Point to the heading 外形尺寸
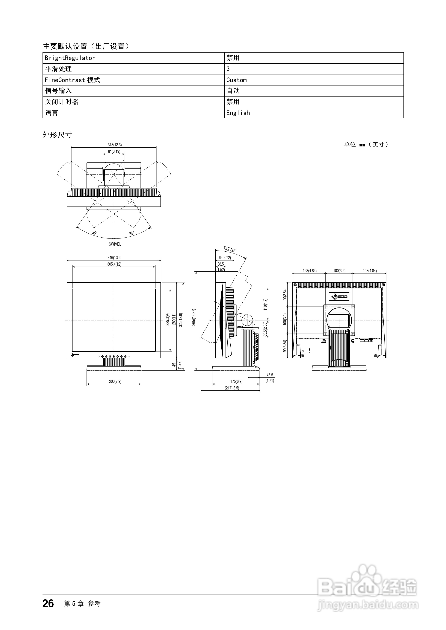(58, 135)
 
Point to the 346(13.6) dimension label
(114, 258)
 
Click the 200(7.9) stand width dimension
(115, 381)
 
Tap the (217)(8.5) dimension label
(232, 388)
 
